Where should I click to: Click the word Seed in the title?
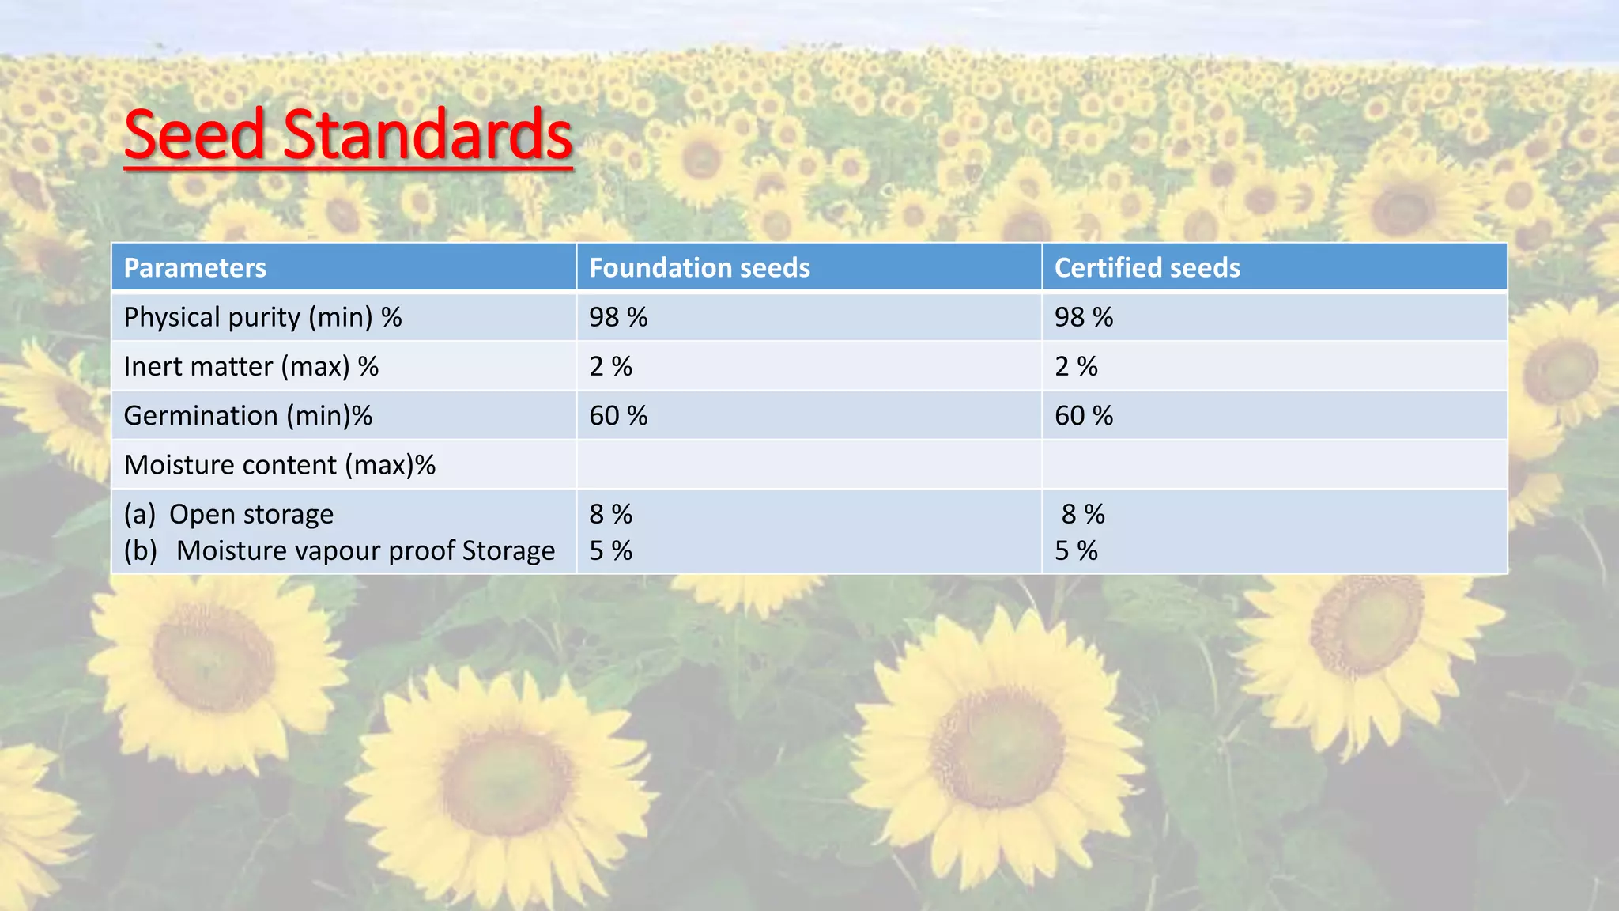tap(194, 134)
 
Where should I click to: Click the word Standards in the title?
tap(427, 134)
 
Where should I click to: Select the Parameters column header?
tap(195, 268)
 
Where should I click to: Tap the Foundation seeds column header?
tap(700, 268)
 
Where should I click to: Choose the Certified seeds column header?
tap(1147, 268)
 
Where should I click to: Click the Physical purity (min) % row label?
tap(262, 317)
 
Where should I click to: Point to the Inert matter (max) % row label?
tap(251, 366)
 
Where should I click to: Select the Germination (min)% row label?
tap(248, 415)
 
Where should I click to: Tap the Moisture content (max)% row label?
tap(280, 465)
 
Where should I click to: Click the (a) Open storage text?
tap(229, 514)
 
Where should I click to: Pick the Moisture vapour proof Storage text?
tap(365, 550)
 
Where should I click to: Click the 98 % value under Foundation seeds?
tap(618, 317)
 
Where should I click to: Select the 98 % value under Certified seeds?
tap(1084, 317)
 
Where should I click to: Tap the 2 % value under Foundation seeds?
tap(611, 366)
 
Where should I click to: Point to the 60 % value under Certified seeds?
tap(1084, 415)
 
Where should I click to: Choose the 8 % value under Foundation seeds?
tap(611, 514)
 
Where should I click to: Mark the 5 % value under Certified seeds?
tap(1076, 550)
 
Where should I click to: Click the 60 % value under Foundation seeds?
tap(618, 415)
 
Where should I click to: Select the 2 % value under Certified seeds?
tap(1076, 366)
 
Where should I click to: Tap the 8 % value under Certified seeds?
tap(1083, 514)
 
